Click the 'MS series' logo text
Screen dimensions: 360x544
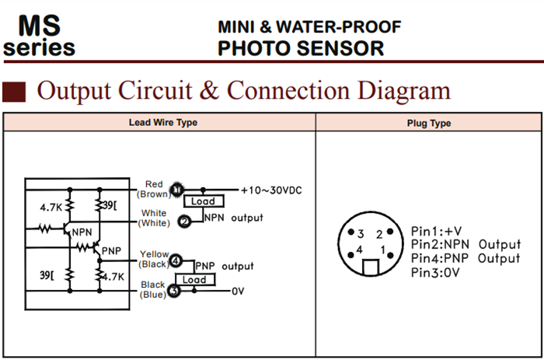point(40,36)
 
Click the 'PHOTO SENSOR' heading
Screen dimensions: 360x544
point(301,49)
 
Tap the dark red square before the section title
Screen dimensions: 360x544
point(14,91)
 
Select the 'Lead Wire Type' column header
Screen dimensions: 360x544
point(162,123)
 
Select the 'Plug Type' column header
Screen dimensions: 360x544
point(429,124)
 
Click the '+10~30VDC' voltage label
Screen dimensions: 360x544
point(270,190)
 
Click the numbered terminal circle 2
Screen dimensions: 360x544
point(185,221)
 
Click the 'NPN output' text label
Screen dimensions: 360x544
point(234,218)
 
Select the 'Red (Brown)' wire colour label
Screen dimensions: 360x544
point(154,189)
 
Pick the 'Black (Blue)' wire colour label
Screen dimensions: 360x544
point(152,289)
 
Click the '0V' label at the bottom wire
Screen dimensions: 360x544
point(239,292)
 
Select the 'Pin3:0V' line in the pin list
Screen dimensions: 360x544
point(436,273)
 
